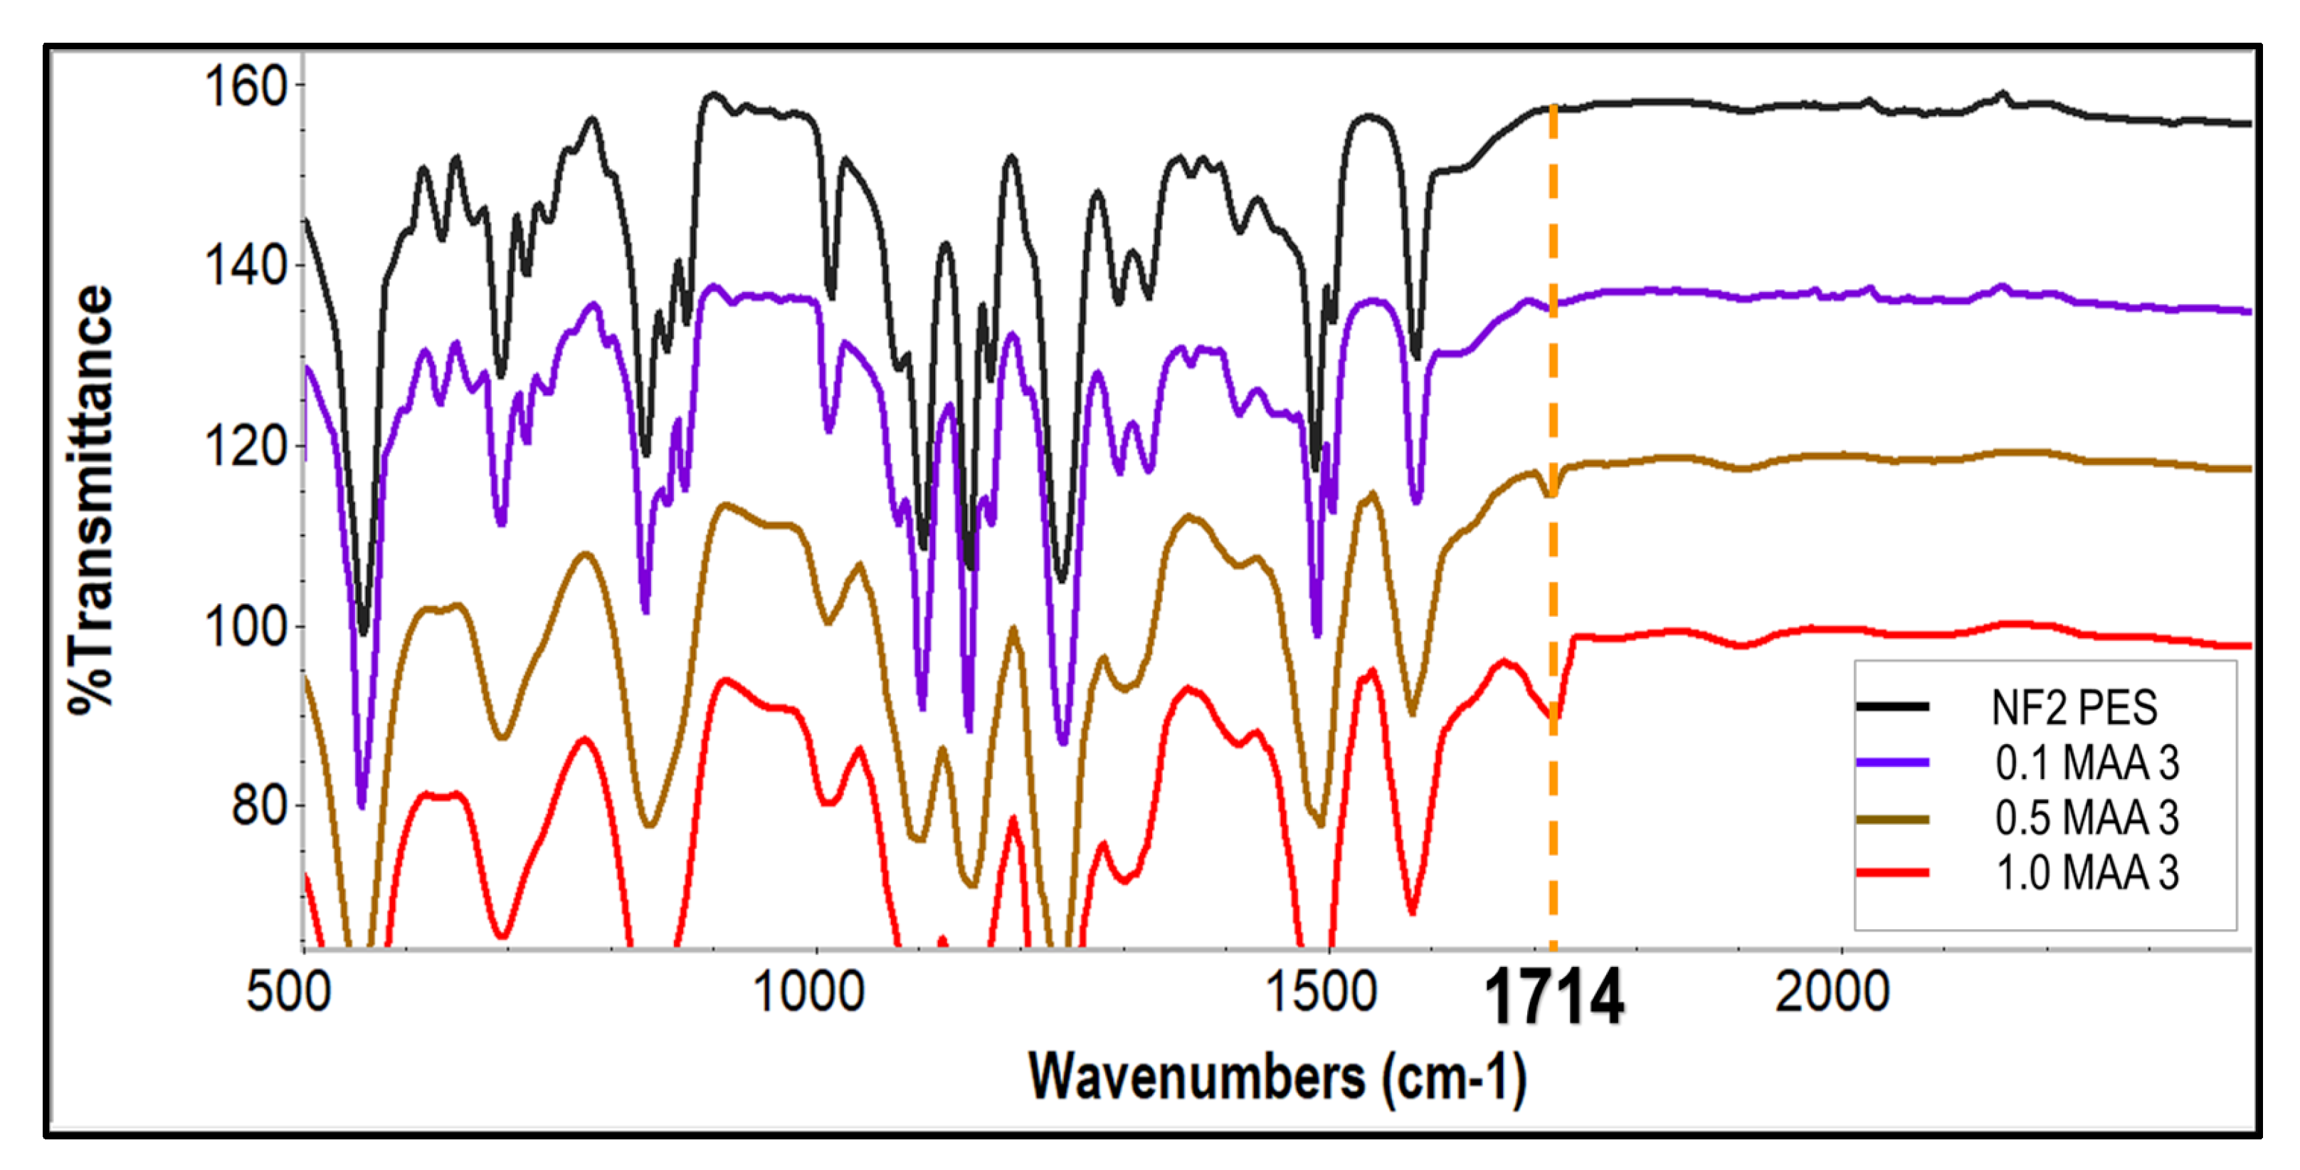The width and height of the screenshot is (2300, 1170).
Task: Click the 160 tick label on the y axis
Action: click(x=246, y=87)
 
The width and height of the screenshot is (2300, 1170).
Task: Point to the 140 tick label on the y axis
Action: click(x=246, y=266)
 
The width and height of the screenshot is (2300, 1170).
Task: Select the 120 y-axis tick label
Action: click(x=246, y=446)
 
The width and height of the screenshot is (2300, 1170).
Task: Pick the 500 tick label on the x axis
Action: click(x=288, y=992)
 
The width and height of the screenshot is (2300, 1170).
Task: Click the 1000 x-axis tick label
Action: click(x=808, y=992)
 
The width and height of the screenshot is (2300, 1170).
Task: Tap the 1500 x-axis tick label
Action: click(x=1322, y=992)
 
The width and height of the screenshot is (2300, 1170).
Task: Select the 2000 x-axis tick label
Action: click(x=1832, y=992)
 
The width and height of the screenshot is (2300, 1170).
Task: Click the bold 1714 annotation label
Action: click(x=1553, y=998)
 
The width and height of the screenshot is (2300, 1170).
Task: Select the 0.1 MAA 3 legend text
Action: click(x=2087, y=763)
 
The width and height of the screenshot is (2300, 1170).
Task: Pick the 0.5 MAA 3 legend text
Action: click(x=2087, y=818)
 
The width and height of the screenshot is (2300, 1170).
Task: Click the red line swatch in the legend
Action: click(x=1892, y=872)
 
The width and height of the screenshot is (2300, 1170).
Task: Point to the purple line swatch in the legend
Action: click(x=1892, y=763)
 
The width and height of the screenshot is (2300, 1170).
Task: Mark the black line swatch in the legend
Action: click(x=1892, y=707)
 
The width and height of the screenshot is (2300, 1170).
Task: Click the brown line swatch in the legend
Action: click(x=1892, y=818)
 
